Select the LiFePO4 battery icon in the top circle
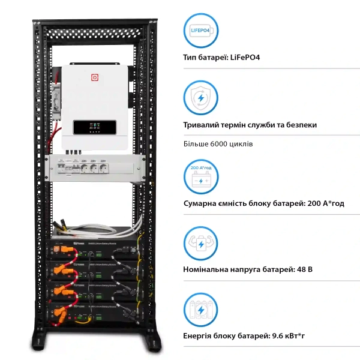(x=200, y=31)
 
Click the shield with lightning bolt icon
(x=200, y=98)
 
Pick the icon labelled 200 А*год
(x=200, y=173)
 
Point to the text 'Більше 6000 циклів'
(x=218, y=145)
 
